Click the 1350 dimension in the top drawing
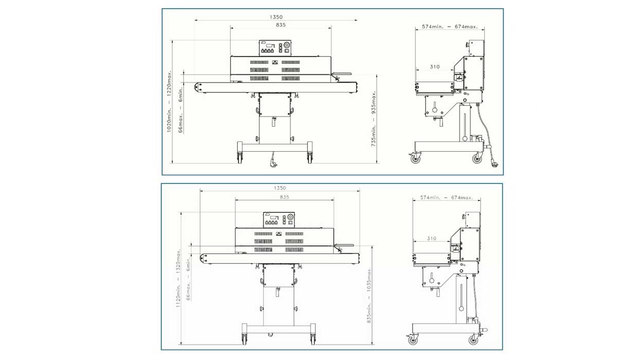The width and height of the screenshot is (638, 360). [276, 17]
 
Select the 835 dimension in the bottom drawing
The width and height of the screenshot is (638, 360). [284, 197]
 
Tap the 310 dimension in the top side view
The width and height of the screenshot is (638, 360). [435, 66]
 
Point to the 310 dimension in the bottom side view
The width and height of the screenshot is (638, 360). [432, 239]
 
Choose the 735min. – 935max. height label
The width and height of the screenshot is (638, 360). [374, 119]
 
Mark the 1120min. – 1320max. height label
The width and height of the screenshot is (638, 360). [179, 278]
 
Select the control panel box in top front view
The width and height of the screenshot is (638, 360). [275, 48]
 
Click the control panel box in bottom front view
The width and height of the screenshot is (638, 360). [279, 220]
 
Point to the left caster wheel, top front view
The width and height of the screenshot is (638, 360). [240, 157]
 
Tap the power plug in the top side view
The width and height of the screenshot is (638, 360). [495, 164]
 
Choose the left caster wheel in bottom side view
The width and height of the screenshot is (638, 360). [413, 340]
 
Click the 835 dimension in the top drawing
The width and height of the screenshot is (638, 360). [280, 25]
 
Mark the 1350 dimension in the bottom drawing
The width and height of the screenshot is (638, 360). [280, 188]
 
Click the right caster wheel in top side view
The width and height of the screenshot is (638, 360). [477, 158]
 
